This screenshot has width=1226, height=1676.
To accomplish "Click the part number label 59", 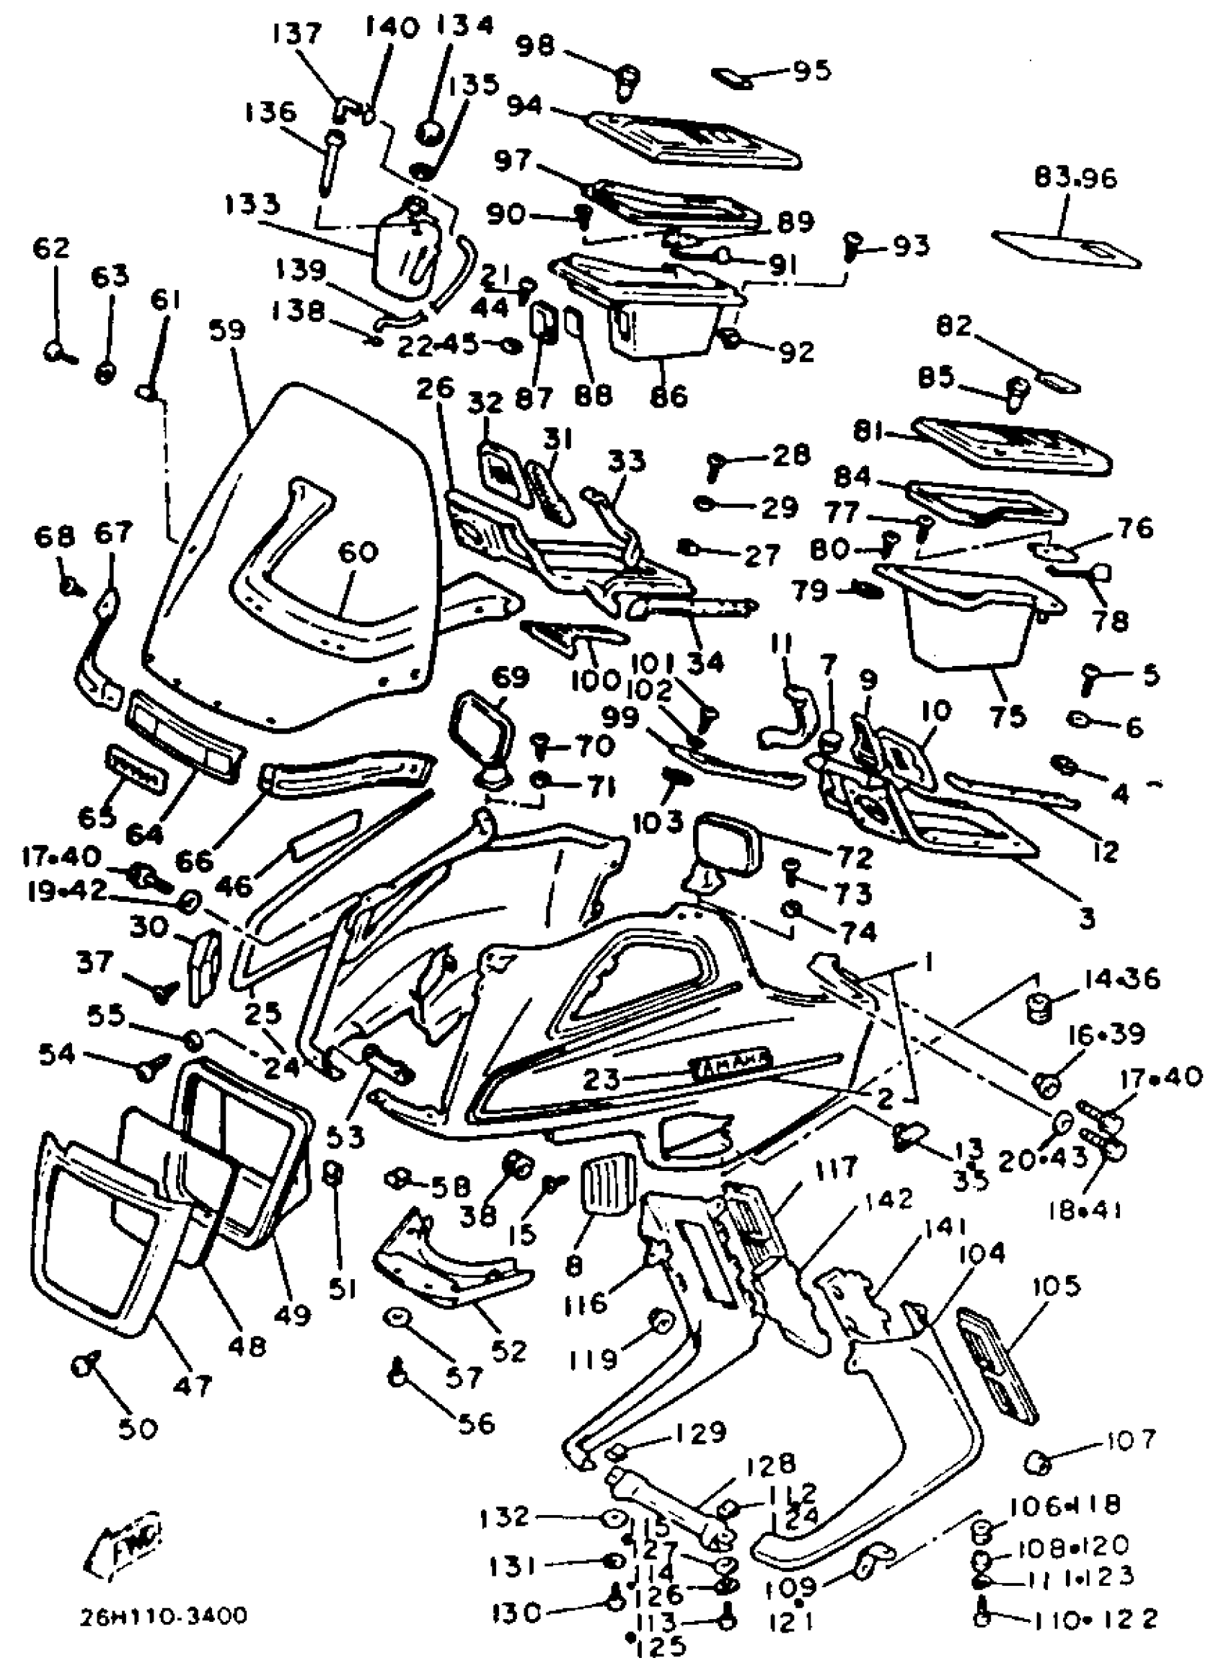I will tap(226, 330).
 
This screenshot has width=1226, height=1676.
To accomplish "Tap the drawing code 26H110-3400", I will tap(164, 1617).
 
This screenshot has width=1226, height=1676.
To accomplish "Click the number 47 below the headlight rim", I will tap(193, 1385).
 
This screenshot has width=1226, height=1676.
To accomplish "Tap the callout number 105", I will tap(1056, 1286).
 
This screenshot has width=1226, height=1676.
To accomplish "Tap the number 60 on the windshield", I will tap(357, 551).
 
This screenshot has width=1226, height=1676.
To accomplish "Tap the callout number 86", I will tap(668, 395).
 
